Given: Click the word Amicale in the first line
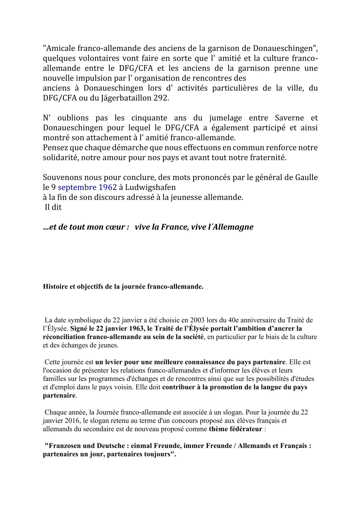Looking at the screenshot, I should tap(60, 48).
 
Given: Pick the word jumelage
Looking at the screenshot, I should tap(226, 118).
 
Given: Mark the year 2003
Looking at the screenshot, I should tap(197, 320).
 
